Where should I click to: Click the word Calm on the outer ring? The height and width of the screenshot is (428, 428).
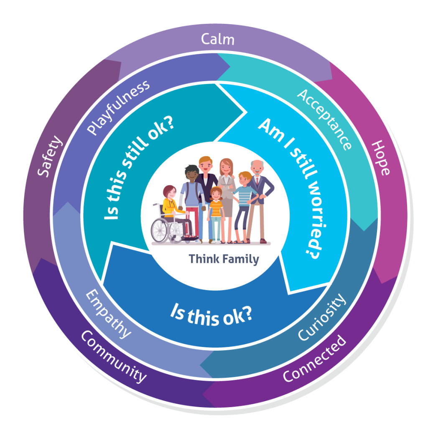pos(217,40)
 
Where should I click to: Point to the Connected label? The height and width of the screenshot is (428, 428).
pos(314,358)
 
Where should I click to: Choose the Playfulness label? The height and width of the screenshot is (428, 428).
pos(119,107)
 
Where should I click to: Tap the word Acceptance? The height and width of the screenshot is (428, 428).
pos(324,119)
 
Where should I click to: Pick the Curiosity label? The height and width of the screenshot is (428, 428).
pos(322,317)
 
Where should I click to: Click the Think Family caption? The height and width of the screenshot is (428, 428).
pos(224,259)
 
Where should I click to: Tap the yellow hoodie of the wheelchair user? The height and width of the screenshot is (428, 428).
pos(170,207)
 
